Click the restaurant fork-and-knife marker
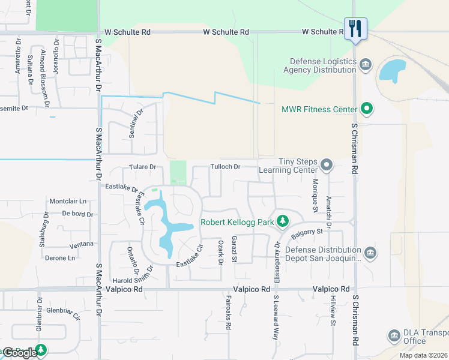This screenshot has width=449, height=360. click(355, 28)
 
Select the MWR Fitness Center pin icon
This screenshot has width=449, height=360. click(367, 109)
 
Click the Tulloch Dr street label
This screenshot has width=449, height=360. click(225, 166)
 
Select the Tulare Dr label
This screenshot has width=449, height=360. click(142, 167)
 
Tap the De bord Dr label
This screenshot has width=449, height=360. click(78, 214)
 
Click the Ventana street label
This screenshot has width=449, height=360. click(82, 244)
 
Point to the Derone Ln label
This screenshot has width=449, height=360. click(60, 258)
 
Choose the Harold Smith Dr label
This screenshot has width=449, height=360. click(133, 280)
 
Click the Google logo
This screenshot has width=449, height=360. click(20, 353)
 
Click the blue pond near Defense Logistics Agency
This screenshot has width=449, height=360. click(393, 71)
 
